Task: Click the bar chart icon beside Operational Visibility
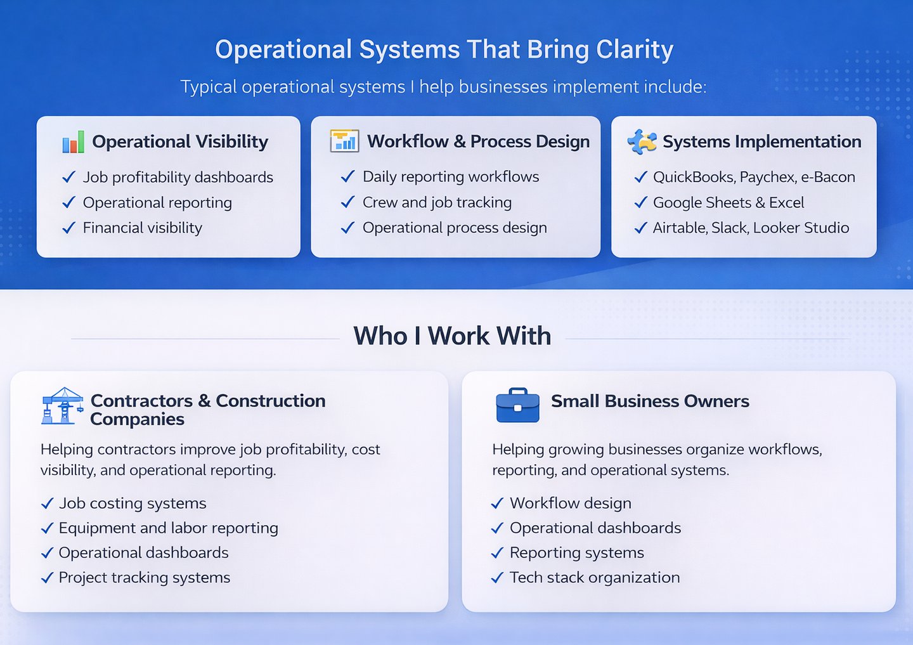coord(74,142)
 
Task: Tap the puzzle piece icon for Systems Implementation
coord(642,141)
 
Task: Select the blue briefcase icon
coord(517,405)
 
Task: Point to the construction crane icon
coord(62,405)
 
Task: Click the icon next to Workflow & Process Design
coord(344,141)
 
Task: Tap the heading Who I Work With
coord(452,336)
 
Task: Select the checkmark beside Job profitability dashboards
coord(68,178)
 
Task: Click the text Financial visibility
coord(142,228)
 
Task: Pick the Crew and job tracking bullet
coord(437,202)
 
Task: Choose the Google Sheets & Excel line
coord(728,202)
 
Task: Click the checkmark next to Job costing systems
coord(47,504)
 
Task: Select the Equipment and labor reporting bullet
coord(168,528)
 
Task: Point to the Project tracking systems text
coord(144,577)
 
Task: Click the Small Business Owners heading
coord(650,401)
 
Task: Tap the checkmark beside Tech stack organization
coord(498,578)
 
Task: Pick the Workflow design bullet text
coord(570,503)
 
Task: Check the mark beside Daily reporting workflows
coord(347,177)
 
